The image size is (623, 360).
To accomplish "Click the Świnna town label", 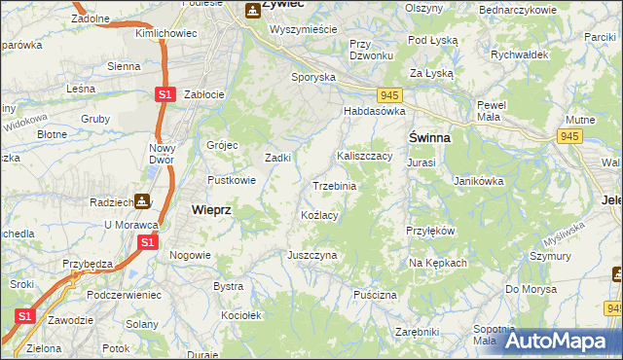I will (x=428, y=137).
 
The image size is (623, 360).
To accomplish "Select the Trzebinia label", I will (x=334, y=186).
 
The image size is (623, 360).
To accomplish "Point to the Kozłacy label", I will (x=319, y=215).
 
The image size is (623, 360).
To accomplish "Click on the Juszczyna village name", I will (x=311, y=254).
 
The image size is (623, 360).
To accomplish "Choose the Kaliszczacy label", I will (x=364, y=156).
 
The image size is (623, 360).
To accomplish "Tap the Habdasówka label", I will (x=373, y=111).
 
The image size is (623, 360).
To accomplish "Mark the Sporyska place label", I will (x=313, y=76).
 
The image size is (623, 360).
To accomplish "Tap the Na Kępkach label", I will (x=438, y=263).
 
